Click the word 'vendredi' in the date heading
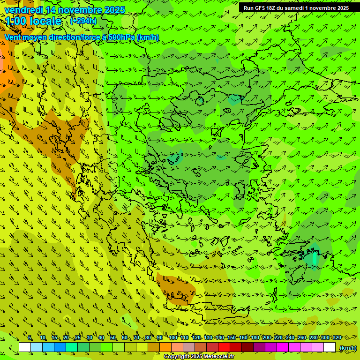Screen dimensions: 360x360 pos(24,10)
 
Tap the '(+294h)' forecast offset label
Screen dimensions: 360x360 pos(83,21)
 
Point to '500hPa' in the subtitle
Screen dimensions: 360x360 pos(121,37)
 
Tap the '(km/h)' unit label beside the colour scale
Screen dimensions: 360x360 pos(348,347)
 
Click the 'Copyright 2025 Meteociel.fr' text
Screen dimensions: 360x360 pos(199,357)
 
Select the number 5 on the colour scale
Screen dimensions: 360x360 pos(30,338)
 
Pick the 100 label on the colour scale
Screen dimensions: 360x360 pos(172,338)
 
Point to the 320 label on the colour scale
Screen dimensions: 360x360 pos(337,338)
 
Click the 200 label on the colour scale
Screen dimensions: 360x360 pos(266,338)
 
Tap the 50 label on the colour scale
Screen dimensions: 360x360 pos(113,338)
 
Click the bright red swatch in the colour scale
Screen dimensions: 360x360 pos(224,347)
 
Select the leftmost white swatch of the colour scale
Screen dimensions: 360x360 pos(25,347)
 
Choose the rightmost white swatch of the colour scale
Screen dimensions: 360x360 pos(330,347)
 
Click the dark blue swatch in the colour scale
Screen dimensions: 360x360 pos(60,347)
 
